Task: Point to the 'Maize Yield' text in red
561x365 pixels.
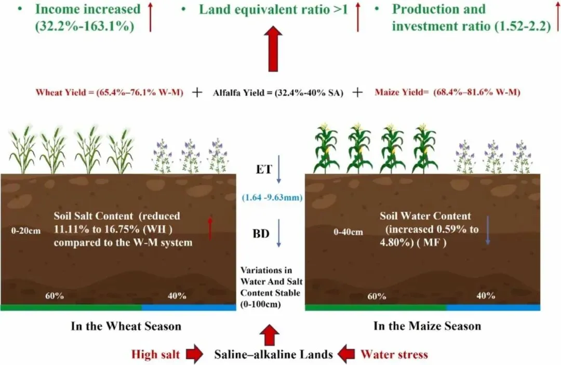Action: click(447, 93)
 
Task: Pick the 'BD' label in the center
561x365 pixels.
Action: click(261, 234)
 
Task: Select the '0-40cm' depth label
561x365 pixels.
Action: click(348, 232)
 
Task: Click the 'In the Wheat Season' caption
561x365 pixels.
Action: click(126, 327)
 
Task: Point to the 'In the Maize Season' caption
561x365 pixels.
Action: click(427, 326)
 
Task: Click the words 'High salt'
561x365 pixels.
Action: click(155, 355)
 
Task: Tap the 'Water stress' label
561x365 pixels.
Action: click(394, 355)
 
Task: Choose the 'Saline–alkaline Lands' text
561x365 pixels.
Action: click(274, 355)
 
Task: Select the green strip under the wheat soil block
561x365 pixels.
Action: click(71, 307)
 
